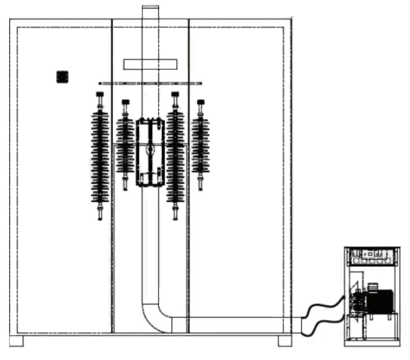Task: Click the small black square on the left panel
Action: click(x=62, y=77)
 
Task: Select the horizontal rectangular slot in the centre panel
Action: click(x=150, y=64)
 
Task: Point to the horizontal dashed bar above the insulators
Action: click(x=150, y=83)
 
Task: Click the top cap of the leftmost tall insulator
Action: click(x=100, y=95)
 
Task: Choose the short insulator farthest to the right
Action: click(x=200, y=145)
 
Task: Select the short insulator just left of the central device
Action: click(x=125, y=145)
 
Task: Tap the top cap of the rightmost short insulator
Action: click(x=200, y=102)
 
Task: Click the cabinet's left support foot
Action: click(x=17, y=341)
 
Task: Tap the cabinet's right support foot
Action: click(x=285, y=341)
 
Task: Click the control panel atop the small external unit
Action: click(x=372, y=256)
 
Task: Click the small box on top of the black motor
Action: click(x=373, y=287)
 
